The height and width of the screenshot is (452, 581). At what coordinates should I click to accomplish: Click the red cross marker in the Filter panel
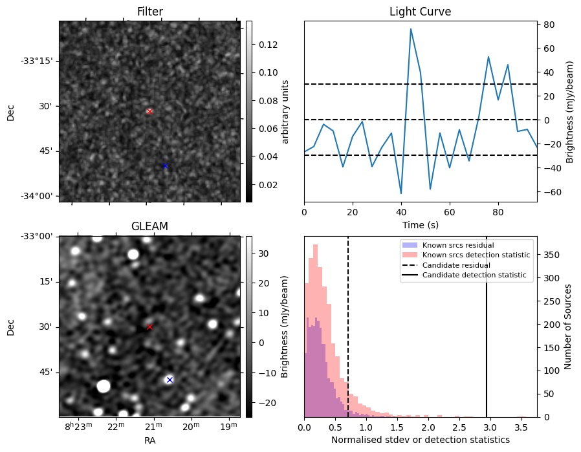click(149, 111)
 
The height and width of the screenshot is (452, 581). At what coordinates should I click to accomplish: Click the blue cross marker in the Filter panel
click(165, 166)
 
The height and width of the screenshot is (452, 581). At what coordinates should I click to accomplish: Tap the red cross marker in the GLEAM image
click(149, 327)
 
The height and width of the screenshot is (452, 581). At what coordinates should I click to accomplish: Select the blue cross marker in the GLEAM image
click(170, 380)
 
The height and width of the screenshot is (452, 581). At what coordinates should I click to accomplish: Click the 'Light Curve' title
click(420, 12)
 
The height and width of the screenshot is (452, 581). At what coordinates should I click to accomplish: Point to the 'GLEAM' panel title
click(149, 226)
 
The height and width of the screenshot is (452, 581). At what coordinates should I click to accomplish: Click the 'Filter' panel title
click(149, 12)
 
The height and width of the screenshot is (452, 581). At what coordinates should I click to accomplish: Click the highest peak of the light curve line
click(410, 29)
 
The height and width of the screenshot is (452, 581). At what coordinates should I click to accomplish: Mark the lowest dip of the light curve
click(401, 193)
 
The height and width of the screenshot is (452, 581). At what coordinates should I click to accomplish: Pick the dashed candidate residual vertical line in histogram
click(348, 323)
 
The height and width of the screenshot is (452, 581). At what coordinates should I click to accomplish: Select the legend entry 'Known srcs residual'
click(457, 246)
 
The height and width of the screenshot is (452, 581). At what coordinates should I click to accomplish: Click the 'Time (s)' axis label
click(420, 224)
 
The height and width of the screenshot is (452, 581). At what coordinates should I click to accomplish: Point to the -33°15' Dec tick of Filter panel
click(37, 61)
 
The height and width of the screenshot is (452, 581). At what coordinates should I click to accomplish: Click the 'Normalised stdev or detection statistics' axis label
click(420, 440)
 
